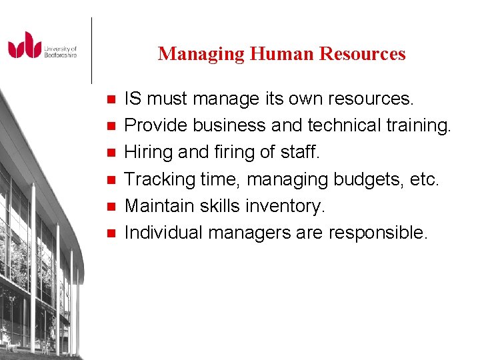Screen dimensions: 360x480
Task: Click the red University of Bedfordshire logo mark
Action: coord(25,45)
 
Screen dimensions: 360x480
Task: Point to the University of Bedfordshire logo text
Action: coord(61,51)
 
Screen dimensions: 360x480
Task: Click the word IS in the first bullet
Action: coord(133,99)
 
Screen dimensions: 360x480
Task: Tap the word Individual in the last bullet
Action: coord(164,233)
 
